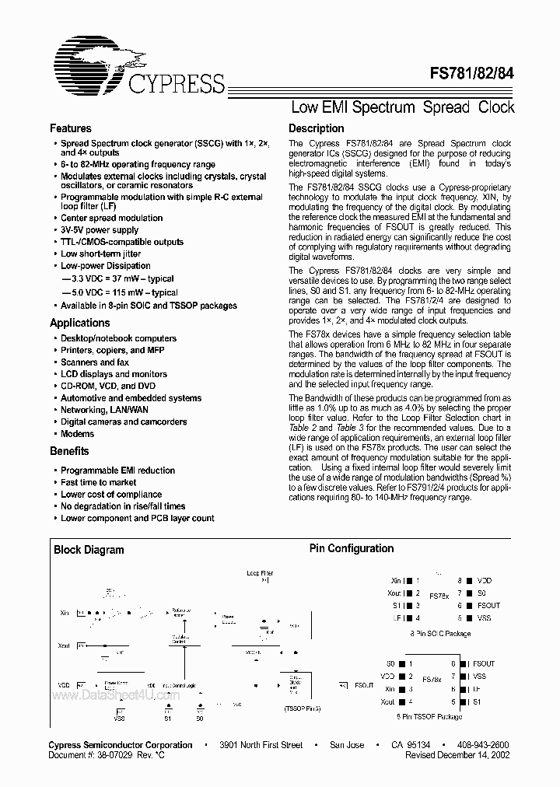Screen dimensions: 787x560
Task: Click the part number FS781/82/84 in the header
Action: click(x=472, y=76)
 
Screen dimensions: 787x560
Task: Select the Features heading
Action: click(x=70, y=128)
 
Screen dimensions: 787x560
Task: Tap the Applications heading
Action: click(x=79, y=323)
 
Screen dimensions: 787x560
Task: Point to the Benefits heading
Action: click(x=69, y=451)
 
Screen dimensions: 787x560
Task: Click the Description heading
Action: click(x=316, y=128)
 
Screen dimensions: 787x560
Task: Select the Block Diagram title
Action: click(x=89, y=550)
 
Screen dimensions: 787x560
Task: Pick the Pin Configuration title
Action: click(x=352, y=548)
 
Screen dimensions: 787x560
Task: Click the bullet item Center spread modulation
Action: click(x=111, y=218)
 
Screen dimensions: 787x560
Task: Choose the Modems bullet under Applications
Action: click(x=78, y=434)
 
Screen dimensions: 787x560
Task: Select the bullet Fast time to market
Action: click(x=98, y=482)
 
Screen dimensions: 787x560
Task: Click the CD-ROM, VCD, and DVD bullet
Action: click(x=108, y=386)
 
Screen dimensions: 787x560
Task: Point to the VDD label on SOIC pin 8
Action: click(x=485, y=580)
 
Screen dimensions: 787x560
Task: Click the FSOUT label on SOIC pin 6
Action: click(x=488, y=605)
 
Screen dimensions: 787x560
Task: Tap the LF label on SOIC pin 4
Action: click(x=397, y=617)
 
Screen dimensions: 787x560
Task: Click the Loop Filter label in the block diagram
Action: click(x=260, y=573)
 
